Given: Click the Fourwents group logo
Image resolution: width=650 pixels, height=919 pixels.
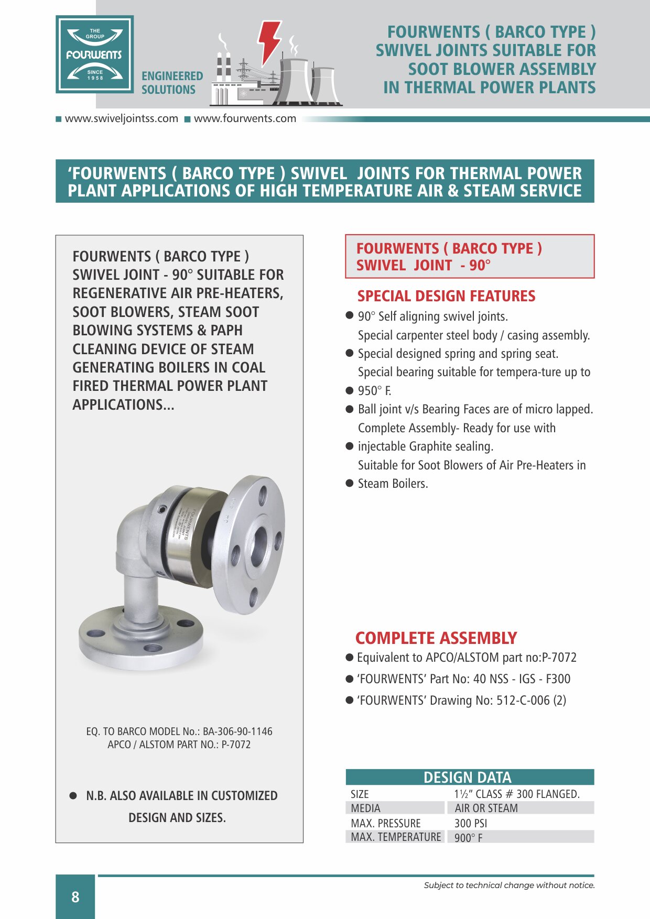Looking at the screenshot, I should [x=95, y=54].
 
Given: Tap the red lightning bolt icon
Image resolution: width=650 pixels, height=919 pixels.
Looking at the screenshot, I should [x=268, y=41].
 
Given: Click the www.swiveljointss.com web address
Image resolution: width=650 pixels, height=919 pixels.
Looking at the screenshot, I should [x=121, y=119].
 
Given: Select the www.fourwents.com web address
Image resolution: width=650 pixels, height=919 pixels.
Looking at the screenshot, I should [x=245, y=119].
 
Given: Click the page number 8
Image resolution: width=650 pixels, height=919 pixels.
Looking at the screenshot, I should [x=75, y=897].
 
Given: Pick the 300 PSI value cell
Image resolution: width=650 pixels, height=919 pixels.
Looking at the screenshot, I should [x=470, y=823].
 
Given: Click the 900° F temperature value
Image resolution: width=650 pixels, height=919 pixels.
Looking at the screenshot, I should [x=468, y=837].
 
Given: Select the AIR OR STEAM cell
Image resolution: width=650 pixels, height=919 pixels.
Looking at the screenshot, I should [x=486, y=808].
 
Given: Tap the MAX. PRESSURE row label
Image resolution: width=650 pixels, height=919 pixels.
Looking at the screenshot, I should [x=385, y=823].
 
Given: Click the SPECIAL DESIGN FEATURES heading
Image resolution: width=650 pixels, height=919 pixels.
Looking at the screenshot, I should [x=446, y=297].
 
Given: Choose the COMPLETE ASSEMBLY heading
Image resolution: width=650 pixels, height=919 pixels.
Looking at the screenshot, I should [x=436, y=638].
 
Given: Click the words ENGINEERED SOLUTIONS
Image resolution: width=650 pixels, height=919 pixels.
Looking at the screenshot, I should [x=172, y=83].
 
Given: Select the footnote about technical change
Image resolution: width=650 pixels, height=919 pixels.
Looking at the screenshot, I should [x=509, y=885].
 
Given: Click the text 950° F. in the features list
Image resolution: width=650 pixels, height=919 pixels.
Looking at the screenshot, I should [x=374, y=391].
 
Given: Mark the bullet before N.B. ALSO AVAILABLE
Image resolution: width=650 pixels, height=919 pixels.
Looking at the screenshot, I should [x=73, y=796].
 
